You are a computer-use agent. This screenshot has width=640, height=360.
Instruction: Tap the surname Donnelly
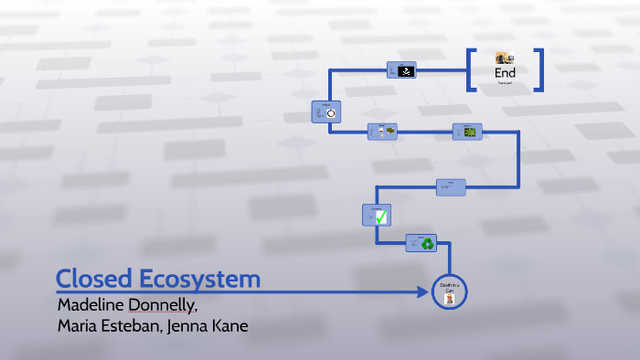(165, 303)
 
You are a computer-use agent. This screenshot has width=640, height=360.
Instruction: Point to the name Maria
(77, 326)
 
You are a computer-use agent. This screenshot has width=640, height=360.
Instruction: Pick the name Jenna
(188, 326)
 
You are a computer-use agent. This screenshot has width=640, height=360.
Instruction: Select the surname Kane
(230, 326)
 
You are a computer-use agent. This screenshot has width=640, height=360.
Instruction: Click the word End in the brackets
(505, 72)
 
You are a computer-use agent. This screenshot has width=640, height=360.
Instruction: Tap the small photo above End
(505, 58)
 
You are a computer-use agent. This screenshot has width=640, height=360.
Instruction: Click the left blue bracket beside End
(472, 69)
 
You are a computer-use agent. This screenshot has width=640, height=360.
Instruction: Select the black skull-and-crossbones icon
(409, 70)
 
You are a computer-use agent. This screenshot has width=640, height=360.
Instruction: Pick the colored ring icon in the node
(331, 113)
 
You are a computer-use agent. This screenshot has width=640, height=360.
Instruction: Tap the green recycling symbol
(428, 243)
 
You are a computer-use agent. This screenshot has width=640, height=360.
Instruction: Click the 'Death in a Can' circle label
(448, 288)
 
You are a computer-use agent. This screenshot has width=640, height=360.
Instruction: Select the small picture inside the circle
(449, 300)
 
